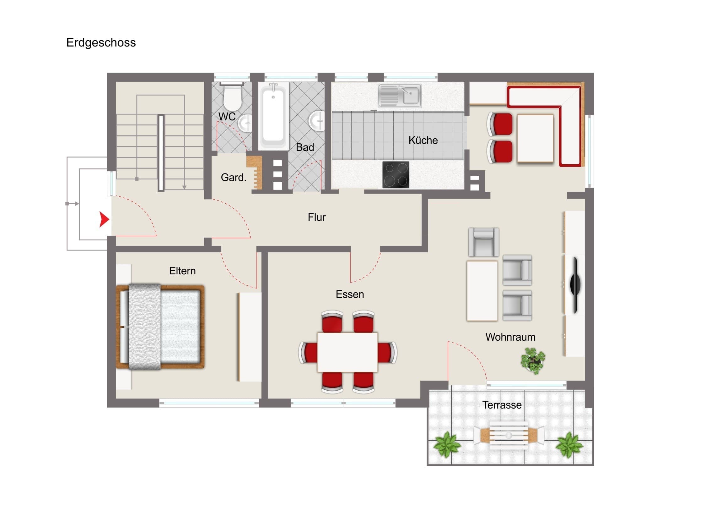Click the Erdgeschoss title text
pos(101,42)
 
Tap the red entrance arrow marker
pos(104,219)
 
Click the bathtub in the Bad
pos(274,116)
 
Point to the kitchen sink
pos(399,95)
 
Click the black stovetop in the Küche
pos(396,175)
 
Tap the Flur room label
pos(317,217)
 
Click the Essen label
pos(350,294)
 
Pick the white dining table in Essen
pos(348,352)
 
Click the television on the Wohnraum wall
pos(575,285)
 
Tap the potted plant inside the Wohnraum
pos(533,360)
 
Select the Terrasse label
pos(502,405)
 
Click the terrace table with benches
pos(509,436)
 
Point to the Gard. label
pos(233,178)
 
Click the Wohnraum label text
pos(510,337)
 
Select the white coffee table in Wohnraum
pos(482,291)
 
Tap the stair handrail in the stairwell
pos(161,153)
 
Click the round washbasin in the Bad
pos(316,120)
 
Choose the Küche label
pos(423,140)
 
